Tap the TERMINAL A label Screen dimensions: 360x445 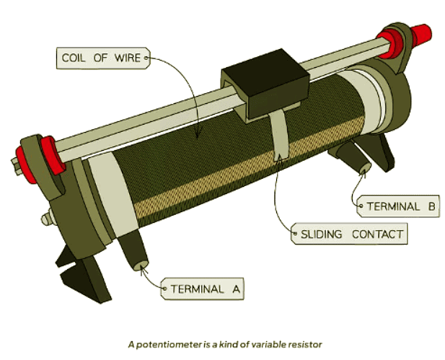click(203, 290)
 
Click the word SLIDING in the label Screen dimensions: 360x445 click(322, 234)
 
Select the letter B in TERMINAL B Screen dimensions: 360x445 click(431, 206)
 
